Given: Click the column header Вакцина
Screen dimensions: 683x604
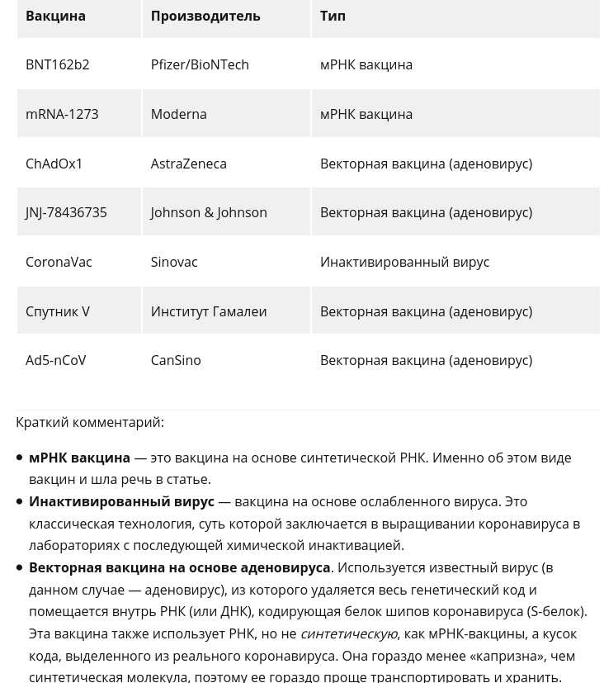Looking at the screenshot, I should pyautogui.click(x=55, y=16).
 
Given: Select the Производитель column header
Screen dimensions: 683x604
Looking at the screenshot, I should pyautogui.click(x=205, y=16).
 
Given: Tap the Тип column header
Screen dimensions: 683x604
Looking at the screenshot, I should pyautogui.click(x=333, y=16).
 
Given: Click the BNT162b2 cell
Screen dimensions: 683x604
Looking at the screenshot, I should pyautogui.click(x=57, y=64).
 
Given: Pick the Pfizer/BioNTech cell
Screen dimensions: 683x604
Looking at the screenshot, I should pyautogui.click(x=199, y=64).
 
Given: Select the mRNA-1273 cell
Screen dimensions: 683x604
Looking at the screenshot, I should pyautogui.click(x=62, y=114).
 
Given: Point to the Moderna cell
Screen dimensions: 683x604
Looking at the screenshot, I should pyautogui.click(x=178, y=114).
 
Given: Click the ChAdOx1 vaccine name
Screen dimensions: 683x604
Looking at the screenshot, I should pyautogui.click(x=54, y=164).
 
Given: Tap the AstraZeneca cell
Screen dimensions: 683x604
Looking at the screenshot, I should pyautogui.click(x=188, y=164).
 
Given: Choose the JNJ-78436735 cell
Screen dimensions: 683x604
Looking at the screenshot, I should pyautogui.click(x=66, y=212).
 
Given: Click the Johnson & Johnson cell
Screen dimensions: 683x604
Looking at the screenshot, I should pyautogui.click(x=209, y=212).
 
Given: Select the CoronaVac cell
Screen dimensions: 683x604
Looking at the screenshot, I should pyautogui.click(x=59, y=262).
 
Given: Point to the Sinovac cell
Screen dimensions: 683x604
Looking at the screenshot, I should pyautogui.click(x=173, y=262).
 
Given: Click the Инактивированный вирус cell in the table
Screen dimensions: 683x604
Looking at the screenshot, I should pyautogui.click(x=404, y=262).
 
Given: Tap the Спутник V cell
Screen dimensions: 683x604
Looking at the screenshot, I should pyautogui.click(x=57, y=311).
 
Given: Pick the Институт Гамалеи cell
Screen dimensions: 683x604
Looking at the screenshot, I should pyautogui.click(x=208, y=311).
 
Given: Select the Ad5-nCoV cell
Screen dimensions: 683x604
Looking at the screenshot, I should pyautogui.click(x=55, y=360).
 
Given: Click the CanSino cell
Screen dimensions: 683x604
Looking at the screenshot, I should pyautogui.click(x=175, y=360).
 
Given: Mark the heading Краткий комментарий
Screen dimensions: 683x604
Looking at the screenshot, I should pyautogui.click(x=89, y=422).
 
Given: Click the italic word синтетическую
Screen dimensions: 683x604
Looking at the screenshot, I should pyautogui.click(x=348, y=633).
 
